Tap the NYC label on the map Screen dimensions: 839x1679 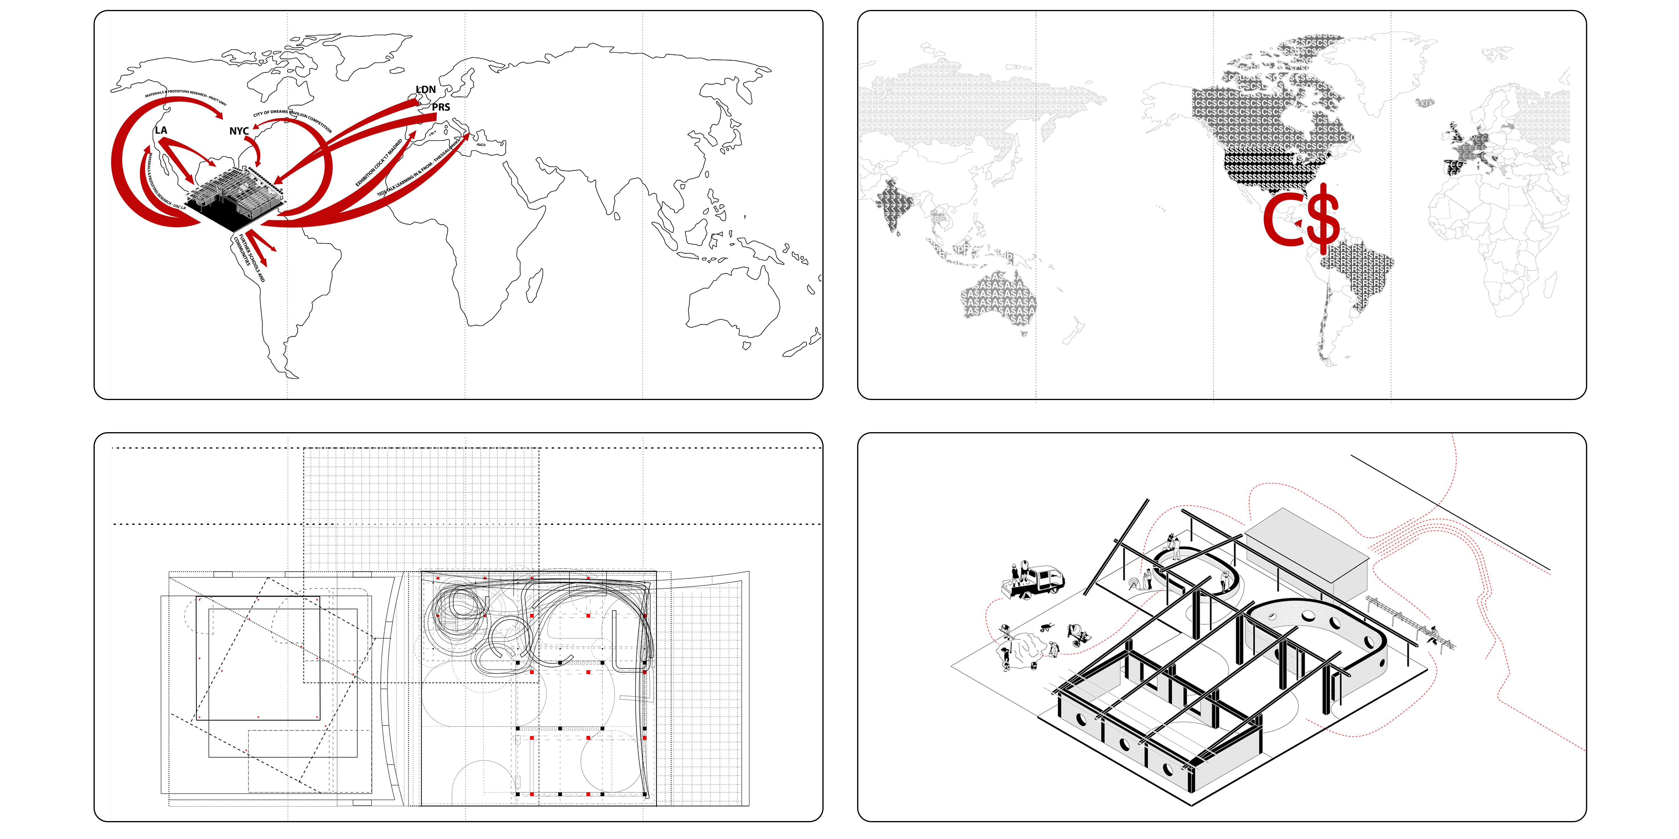click(239, 131)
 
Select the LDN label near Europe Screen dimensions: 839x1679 click(426, 89)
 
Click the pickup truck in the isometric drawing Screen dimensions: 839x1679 click(1036, 580)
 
